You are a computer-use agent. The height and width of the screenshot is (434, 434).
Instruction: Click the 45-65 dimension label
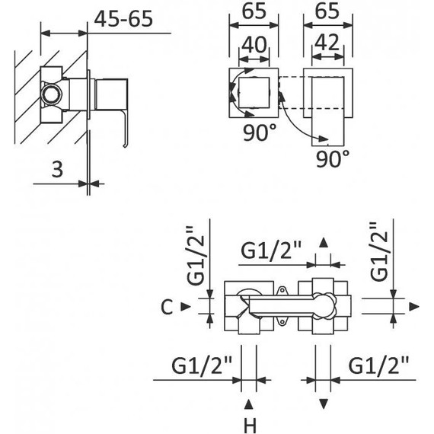(123, 19)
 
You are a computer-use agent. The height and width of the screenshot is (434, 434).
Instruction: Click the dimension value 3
(57, 169)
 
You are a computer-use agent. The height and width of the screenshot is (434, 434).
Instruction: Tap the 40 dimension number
(254, 45)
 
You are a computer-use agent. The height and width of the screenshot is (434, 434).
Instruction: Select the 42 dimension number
(327, 43)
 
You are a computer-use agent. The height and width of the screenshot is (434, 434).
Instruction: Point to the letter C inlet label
(167, 308)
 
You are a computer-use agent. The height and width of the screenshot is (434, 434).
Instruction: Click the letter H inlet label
(250, 426)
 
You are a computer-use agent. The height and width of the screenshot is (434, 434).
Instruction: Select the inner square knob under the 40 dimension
(254, 93)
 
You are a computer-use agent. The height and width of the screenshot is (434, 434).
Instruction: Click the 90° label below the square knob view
(260, 132)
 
